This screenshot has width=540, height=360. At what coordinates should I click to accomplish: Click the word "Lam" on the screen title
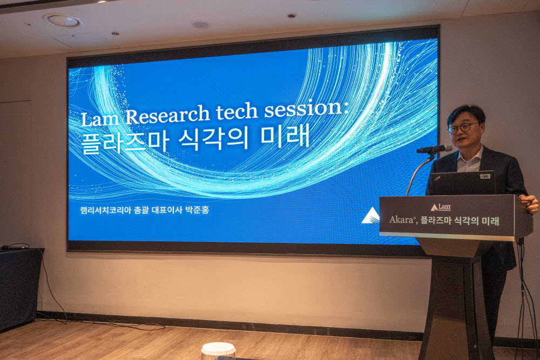100,118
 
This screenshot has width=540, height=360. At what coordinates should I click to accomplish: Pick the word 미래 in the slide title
286,136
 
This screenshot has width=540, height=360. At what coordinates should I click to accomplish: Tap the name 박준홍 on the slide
197,210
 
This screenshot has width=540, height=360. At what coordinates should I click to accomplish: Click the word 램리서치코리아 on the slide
106,210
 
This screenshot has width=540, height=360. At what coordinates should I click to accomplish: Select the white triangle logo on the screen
370,216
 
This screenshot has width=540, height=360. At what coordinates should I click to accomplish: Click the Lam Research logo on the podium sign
441,207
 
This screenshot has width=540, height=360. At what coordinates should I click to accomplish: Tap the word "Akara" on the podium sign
401,220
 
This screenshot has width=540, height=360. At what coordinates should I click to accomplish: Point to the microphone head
435,149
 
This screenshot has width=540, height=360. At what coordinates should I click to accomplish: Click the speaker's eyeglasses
462,128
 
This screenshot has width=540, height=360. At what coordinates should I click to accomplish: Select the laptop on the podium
463,183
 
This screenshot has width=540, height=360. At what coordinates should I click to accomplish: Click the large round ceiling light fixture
63,21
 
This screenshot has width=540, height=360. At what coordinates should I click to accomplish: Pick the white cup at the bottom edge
218,351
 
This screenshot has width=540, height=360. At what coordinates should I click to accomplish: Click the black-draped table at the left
21,288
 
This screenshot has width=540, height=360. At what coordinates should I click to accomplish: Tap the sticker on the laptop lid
485,176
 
